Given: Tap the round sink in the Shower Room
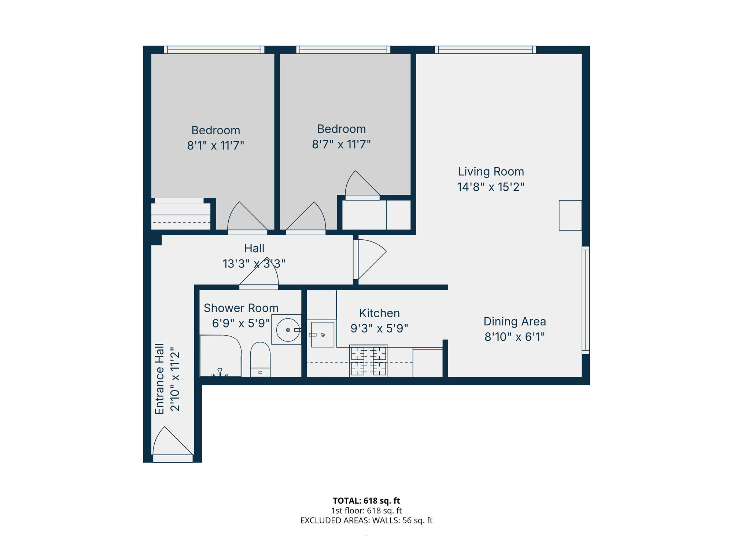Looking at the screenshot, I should [288, 330].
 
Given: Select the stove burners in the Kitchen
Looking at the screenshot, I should [368, 361].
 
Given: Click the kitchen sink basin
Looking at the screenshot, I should [323, 335].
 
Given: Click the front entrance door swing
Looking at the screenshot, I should [170, 443].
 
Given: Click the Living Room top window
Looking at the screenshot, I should [485, 50].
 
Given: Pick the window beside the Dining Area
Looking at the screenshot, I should [586, 300].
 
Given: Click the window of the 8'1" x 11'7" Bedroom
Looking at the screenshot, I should [214, 50].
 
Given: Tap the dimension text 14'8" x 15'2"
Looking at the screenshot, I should [490, 187].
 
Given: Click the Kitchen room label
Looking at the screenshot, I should [379, 313].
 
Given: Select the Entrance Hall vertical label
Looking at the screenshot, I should [159, 379].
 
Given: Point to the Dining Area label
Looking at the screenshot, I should [515, 321].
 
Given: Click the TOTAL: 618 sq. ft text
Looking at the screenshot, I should [366, 501].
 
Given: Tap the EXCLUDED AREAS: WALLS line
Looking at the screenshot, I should [366, 520].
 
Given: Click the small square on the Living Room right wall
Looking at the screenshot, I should [570, 215].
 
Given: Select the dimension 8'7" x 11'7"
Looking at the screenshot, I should [341, 145].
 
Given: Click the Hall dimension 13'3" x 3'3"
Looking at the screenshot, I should [254, 264].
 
